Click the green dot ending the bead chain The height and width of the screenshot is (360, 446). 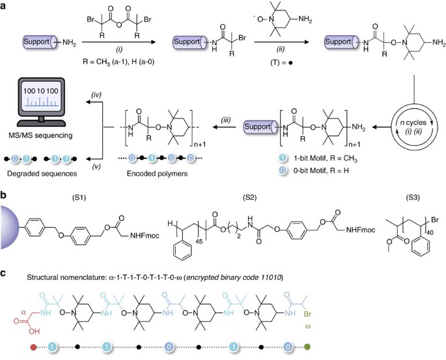[316, 349]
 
